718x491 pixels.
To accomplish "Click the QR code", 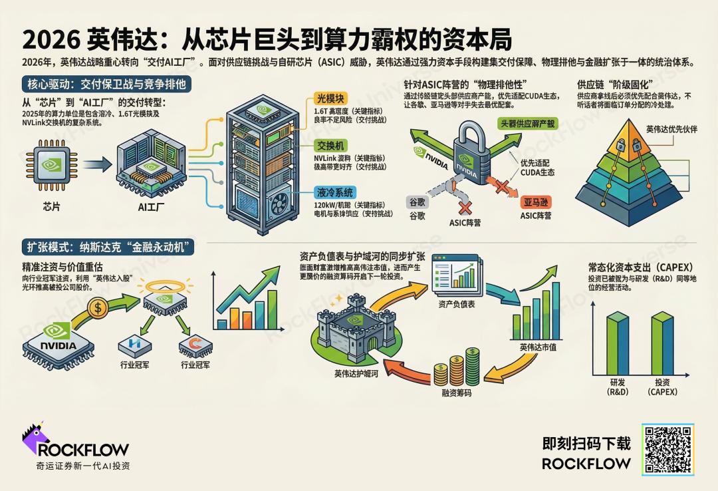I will click(x=667, y=449).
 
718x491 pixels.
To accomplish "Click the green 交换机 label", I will click(x=331, y=145).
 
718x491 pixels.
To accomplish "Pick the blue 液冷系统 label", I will click(x=334, y=193).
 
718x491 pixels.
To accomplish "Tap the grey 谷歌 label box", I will click(x=418, y=202).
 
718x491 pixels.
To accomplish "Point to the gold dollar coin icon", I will click(x=98, y=308).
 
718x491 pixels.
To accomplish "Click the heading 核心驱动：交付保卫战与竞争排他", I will click(x=106, y=84).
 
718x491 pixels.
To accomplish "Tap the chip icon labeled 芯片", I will click(x=51, y=164).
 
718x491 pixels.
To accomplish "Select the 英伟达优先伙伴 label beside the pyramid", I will click(x=671, y=129).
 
